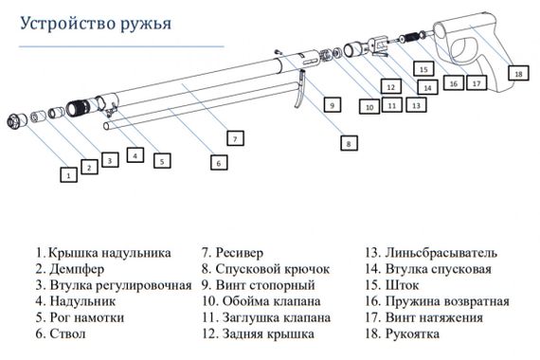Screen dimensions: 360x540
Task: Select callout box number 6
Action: [x=218, y=163]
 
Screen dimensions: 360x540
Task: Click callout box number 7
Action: [x=234, y=138]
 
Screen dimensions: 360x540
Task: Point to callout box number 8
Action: [x=350, y=143]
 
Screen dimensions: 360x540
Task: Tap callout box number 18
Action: [x=518, y=73]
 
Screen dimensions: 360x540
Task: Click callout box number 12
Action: [x=389, y=85]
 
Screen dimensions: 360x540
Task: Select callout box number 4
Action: [x=136, y=154]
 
